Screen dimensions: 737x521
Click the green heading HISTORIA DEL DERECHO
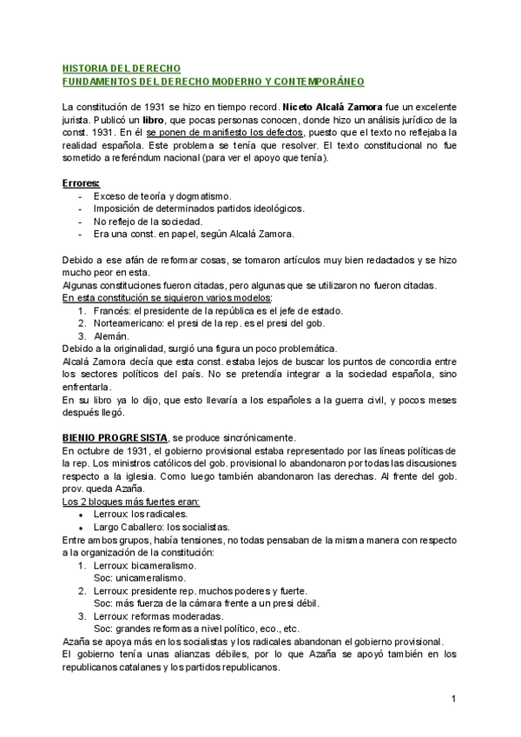(x=122, y=68)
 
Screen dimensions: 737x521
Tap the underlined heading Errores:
(x=82, y=183)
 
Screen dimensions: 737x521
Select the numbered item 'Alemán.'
(x=111, y=335)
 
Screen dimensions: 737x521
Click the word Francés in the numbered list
(x=113, y=310)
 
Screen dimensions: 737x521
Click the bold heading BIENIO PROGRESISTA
(x=115, y=437)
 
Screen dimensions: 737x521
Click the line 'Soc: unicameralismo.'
(x=139, y=577)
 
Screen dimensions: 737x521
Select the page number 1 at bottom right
(x=453, y=699)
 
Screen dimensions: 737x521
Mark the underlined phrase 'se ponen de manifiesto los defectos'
(x=225, y=132)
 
